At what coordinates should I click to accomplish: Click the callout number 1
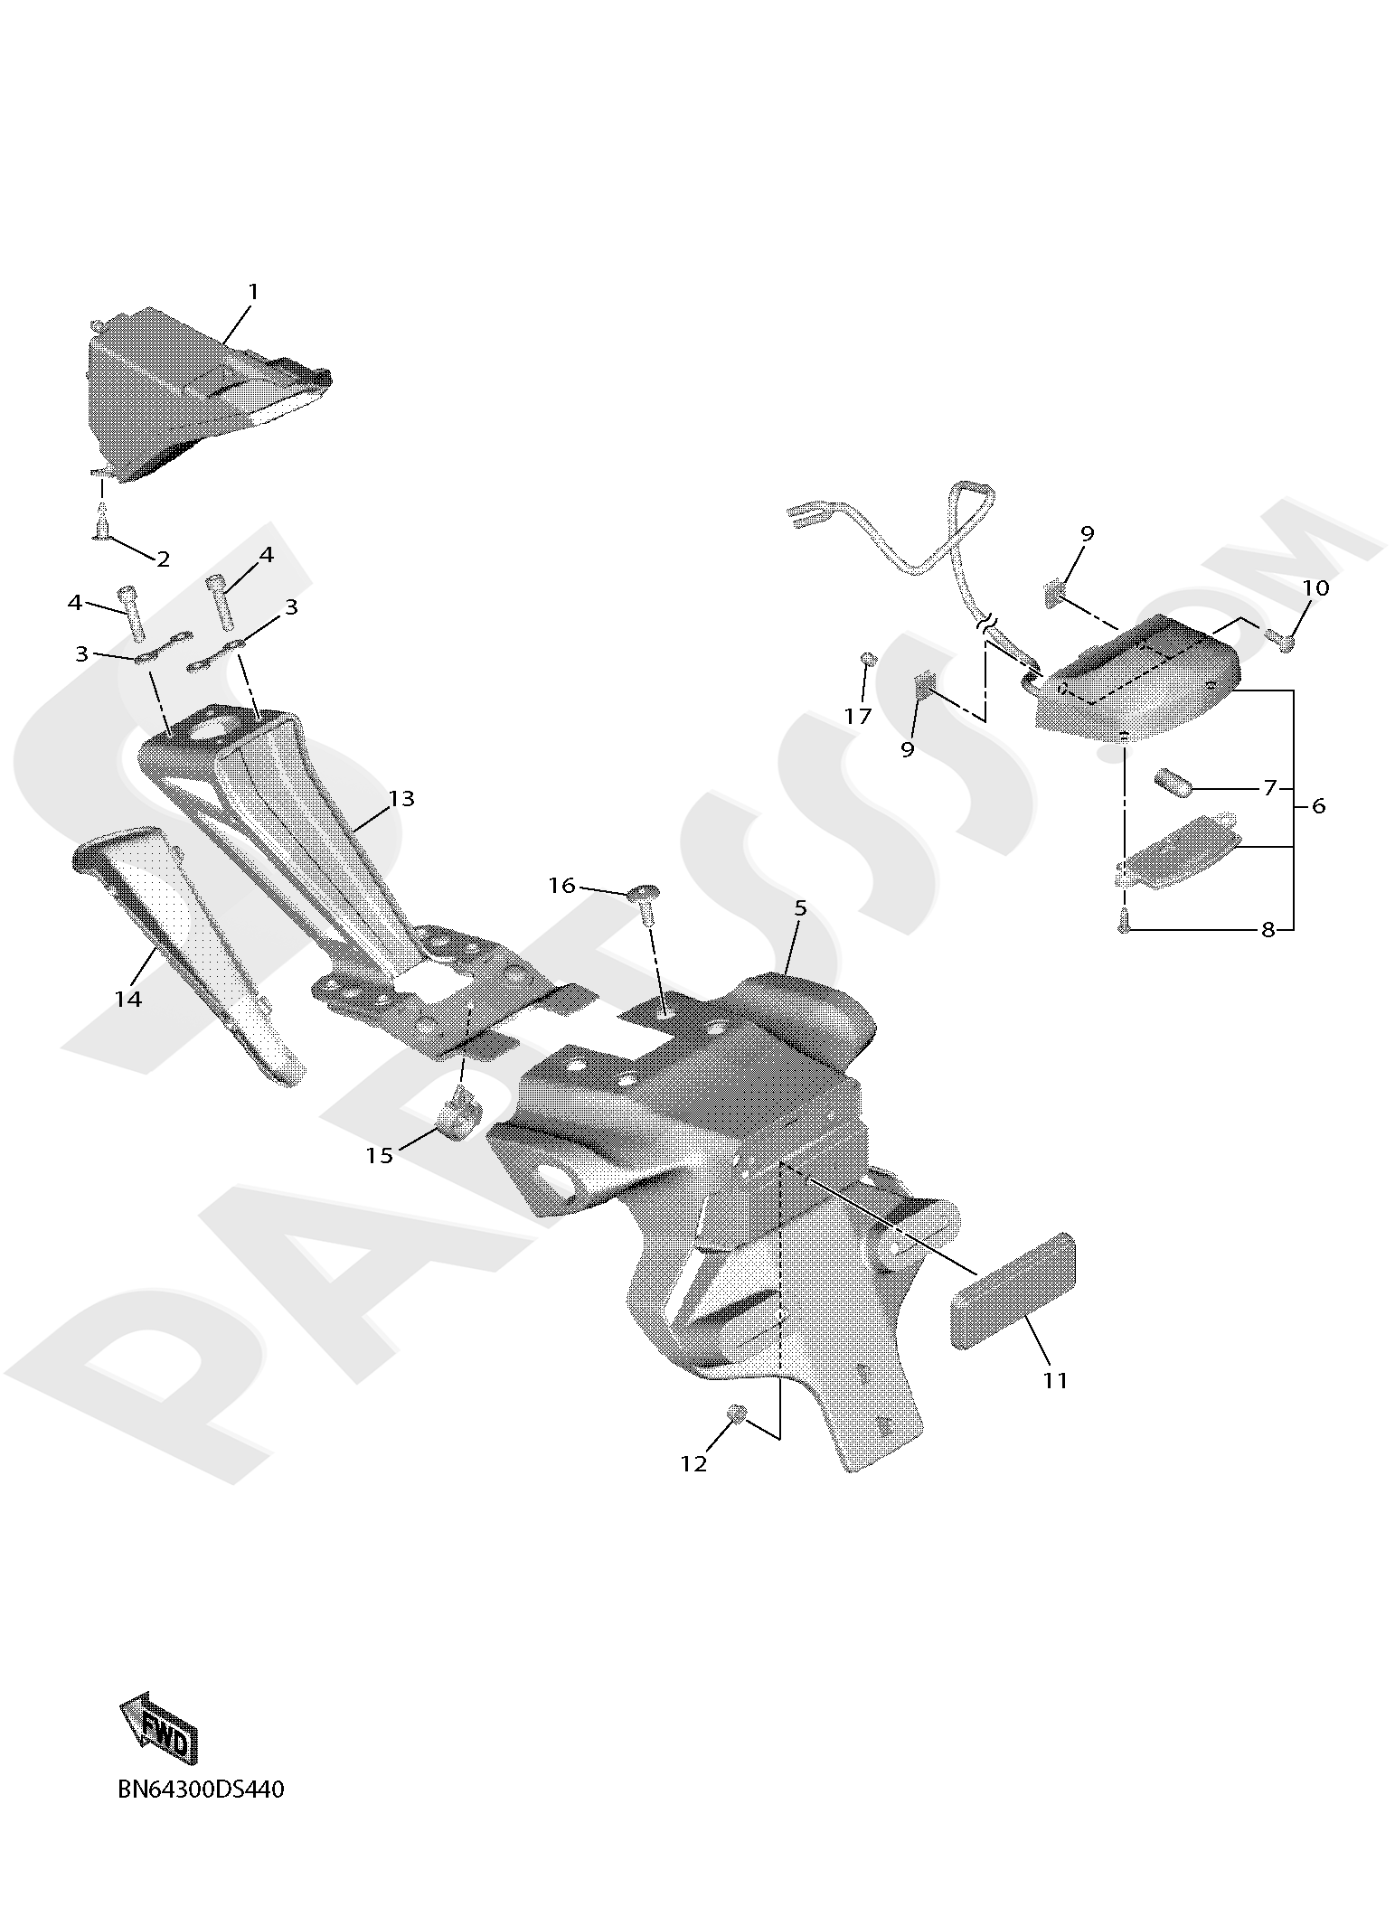tap(253, 292)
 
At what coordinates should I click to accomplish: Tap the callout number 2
tap(163, 559)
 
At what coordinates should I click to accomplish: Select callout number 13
tap(401, 798)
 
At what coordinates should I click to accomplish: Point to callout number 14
tap(128, 999)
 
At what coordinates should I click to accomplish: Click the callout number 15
tap(380, 1155)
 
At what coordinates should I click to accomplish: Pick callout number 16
tap(562, 886)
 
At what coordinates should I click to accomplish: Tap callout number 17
tap(858, 717)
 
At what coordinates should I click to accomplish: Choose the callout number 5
tap(800, 907)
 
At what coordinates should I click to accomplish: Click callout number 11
tap(1055, 1380)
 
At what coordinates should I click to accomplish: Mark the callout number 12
tap(693, 1463)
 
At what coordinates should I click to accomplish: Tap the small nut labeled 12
tap(738, 1413)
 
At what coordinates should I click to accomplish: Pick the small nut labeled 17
tap(869, 658)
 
